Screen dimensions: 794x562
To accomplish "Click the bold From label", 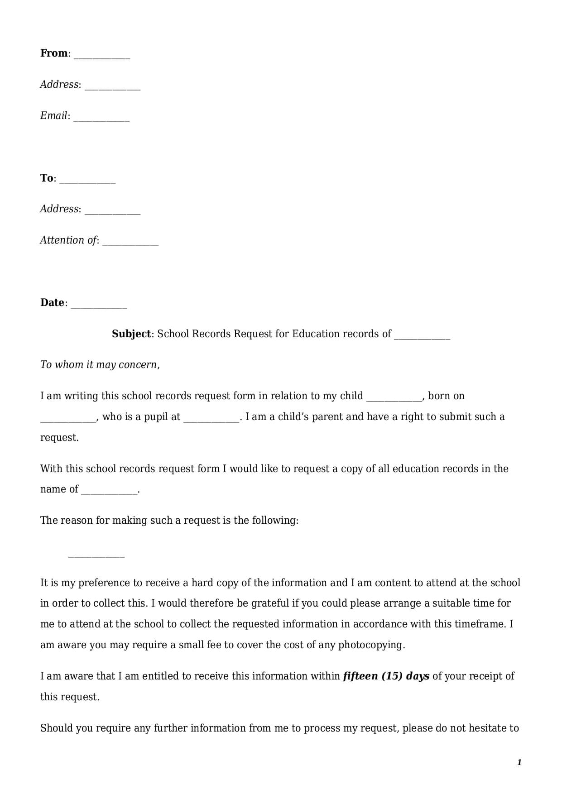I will click(x=54, y=53).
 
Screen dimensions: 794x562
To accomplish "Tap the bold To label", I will click(x=47, y=178).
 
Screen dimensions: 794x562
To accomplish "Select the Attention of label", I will click(x=68, y=240).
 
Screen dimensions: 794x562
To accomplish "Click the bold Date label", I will click(x=52, y=303).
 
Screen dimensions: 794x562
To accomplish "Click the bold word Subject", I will click(x=131, y=334).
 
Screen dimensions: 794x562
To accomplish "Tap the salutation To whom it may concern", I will click(x=100, y=365).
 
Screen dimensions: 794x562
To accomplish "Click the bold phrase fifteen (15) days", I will click(x=386, y=676).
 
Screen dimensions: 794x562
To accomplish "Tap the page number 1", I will click(x=519, y=762).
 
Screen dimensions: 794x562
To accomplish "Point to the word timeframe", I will click(x=480, y=624).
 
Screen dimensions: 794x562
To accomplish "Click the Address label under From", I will click(x=59, y=85).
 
